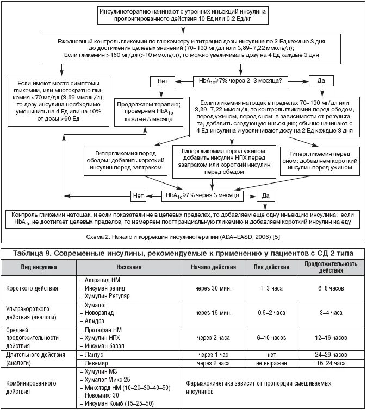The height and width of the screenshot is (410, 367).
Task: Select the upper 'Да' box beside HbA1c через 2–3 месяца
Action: tap(321, 81)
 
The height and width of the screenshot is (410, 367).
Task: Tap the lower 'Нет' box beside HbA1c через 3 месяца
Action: tap(139, 194)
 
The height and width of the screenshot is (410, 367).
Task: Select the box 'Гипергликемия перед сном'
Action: tap(318, 161)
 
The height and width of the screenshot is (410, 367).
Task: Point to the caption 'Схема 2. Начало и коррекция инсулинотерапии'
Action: tap(182, 237)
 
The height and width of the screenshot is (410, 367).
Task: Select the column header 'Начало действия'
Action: tap(214, 268)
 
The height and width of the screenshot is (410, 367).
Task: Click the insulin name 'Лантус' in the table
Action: tap(96, 353)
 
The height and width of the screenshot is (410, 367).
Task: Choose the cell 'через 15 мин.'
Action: tap(214, 313)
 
